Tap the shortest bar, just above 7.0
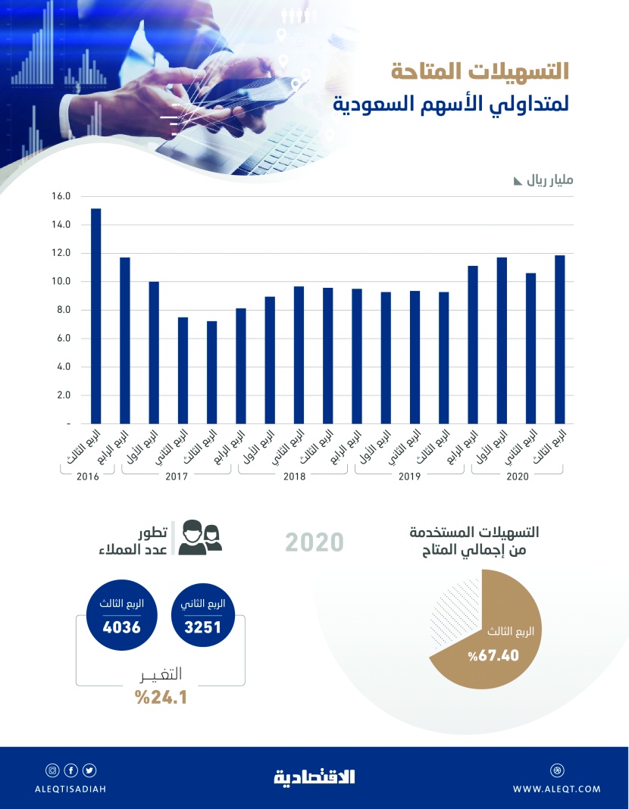212,372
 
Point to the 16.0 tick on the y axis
61,196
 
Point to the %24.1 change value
161,697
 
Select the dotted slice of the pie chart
455,617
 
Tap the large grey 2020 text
314,542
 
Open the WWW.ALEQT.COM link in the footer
556,789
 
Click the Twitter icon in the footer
90,771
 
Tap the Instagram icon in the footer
53,771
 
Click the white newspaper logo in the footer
314,776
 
